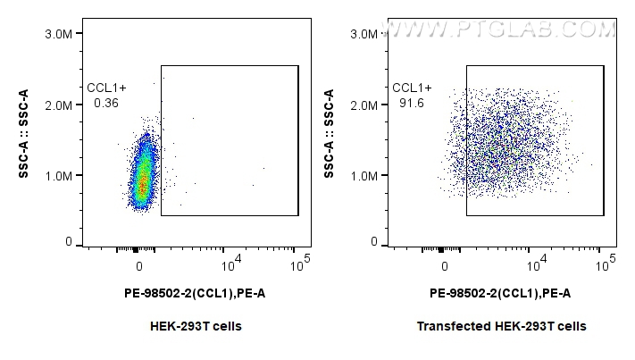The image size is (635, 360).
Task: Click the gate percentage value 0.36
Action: (x=106, y=104)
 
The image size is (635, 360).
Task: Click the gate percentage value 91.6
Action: (x=412, y=104)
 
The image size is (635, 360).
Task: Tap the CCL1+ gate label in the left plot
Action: (x=107, y=88)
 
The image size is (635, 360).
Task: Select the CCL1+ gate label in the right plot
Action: (x=413, y=88)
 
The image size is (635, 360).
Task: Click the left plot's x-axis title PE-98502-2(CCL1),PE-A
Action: (x=195, y=293)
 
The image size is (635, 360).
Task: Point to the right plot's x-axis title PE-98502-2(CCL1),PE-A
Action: (x=500, y=293)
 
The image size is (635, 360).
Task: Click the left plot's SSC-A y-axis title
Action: (x=25, y=134)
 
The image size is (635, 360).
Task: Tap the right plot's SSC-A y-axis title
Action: (x=330, y=134)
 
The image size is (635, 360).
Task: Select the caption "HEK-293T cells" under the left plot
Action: (x=196, y=326)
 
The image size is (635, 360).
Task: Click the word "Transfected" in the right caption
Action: (x=447, y=326)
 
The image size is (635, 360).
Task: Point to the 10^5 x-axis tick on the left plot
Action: (x=299, y=264)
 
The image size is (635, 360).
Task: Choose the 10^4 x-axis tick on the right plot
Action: (x=538, y=264)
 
